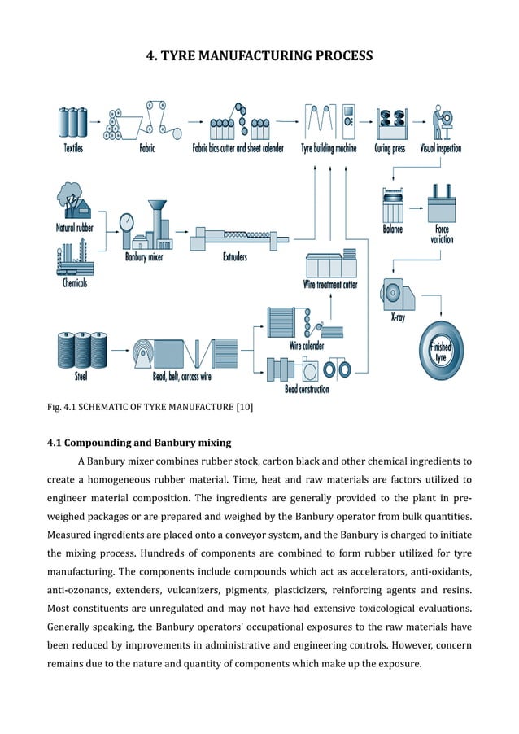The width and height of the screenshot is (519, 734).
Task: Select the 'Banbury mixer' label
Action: pos(144,257)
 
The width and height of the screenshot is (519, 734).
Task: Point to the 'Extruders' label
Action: pos(235,257)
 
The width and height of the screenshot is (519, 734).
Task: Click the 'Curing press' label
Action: pos(390,148)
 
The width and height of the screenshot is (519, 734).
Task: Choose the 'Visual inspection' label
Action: pos(440,148)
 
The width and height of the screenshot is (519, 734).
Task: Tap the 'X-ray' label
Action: pos(398,318)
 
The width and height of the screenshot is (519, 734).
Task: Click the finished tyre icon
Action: pos(440,352)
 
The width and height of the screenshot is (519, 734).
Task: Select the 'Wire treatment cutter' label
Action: pos(330,285)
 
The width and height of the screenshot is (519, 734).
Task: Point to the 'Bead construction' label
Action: pos(307,390)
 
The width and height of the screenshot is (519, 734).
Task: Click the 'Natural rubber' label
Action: pos(74,228)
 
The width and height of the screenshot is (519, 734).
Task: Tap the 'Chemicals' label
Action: pos(75,283)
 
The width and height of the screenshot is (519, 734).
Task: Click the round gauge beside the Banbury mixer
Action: pos(125,222)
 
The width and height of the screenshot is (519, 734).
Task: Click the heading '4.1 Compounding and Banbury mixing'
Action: pos(139,443)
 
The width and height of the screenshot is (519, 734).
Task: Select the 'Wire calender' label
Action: pos(307,346)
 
